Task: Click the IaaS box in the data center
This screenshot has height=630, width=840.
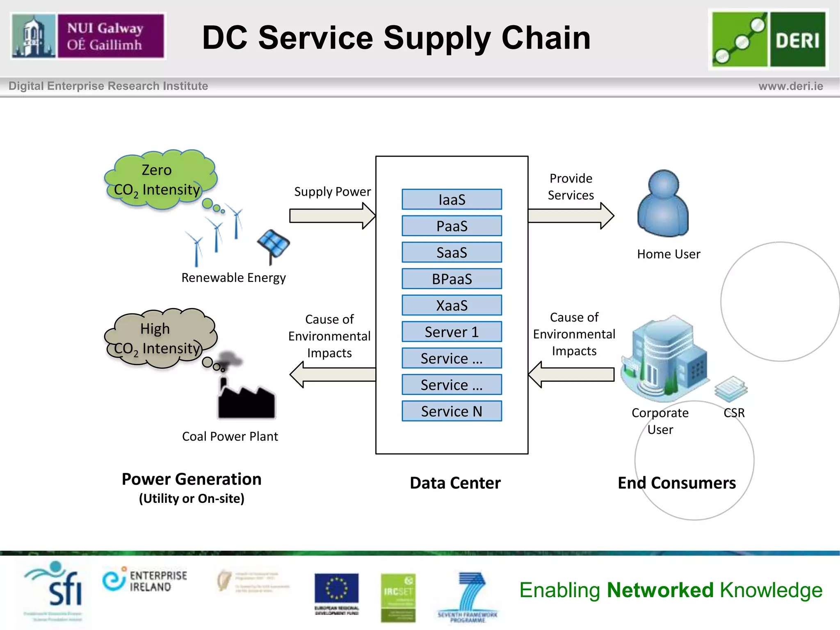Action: coord(452,199)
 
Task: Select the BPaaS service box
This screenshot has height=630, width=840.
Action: coord(452,279)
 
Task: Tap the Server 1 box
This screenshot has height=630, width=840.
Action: coord(452,332)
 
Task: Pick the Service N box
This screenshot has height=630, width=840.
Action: coord(452,411)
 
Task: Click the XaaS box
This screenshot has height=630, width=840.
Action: coord(452,305)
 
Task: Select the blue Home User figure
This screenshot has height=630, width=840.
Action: coord(663,204)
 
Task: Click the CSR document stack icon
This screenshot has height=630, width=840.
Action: coord(731,389)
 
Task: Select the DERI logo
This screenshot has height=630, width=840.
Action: coord(768,39)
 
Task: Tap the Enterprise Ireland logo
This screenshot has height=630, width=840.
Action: coord(145,580)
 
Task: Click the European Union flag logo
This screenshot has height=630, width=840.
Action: coord(336,589)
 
